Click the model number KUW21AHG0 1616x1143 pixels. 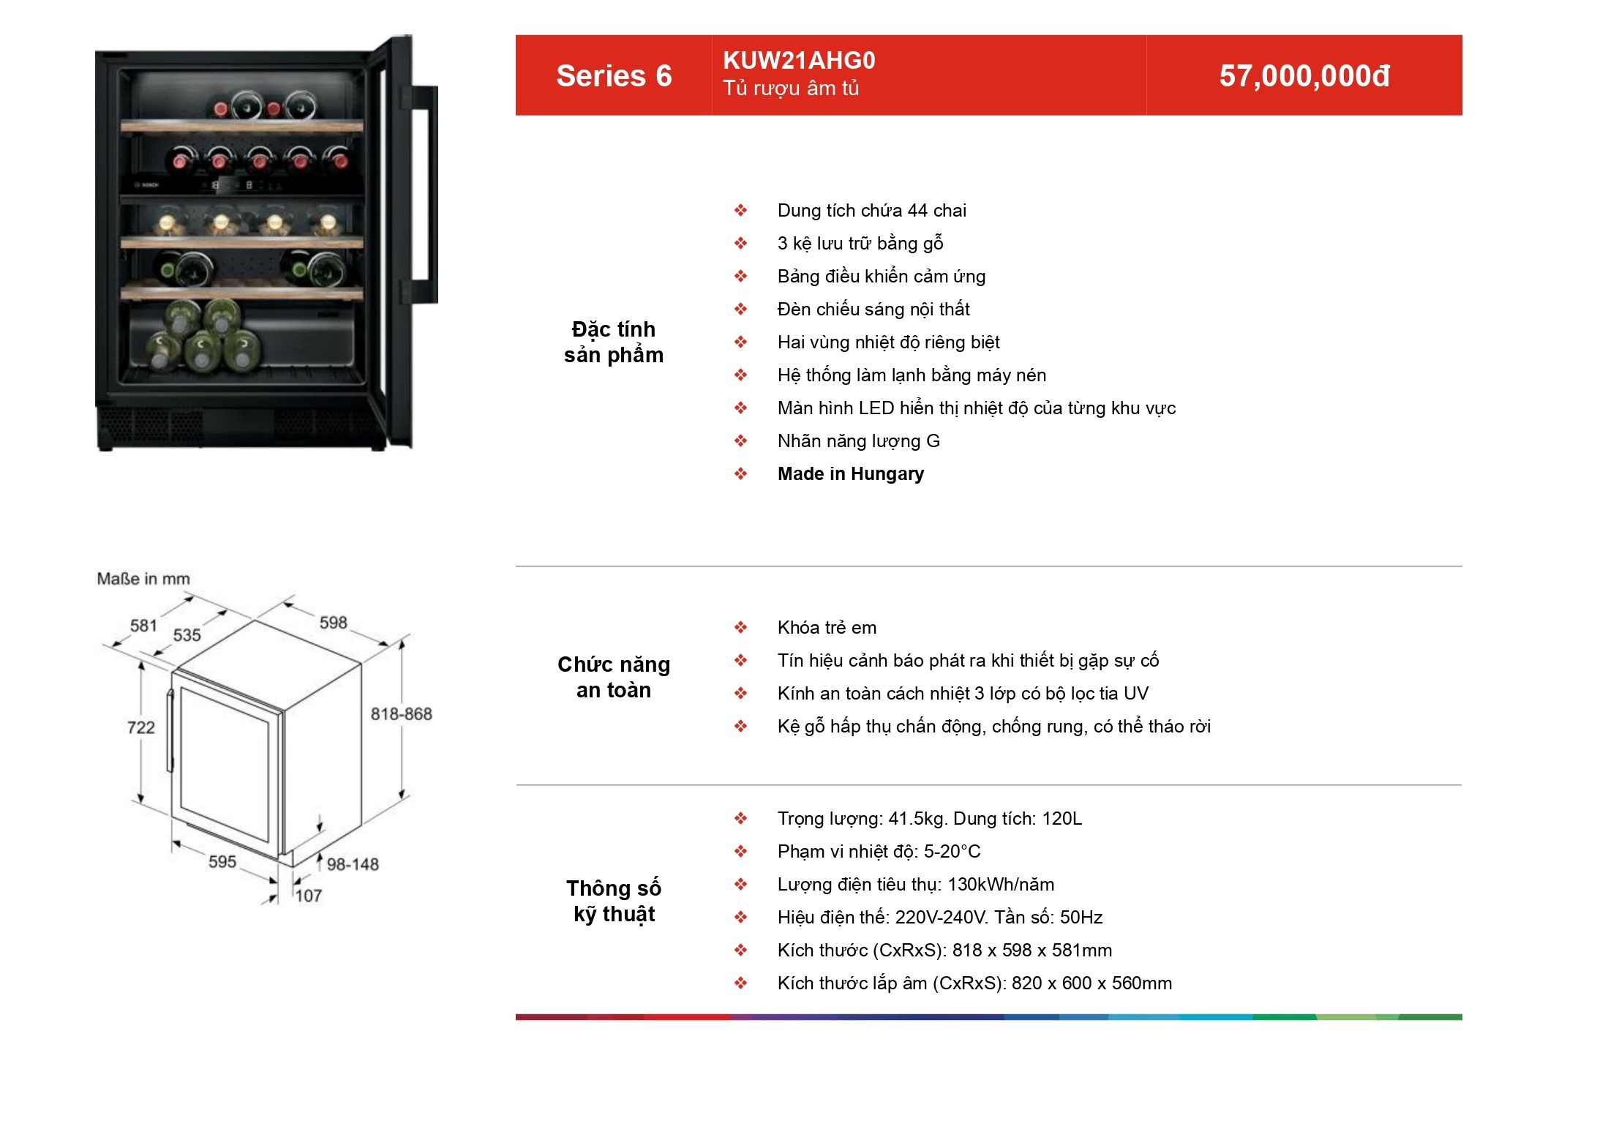point(799,61)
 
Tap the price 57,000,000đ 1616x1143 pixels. point(1304,76)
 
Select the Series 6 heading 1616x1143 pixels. point(614,76)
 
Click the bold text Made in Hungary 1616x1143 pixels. point(851,474)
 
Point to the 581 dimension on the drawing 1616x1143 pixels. point(143,626)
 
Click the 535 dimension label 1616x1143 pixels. point(187,635)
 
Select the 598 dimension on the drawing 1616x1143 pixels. point(333,623)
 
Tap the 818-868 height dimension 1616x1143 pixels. point(401,714)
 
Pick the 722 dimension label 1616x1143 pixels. point(140,727)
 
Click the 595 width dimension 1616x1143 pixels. point(222,861)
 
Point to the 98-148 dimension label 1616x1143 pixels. point(353,864)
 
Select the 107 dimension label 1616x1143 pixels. point(309,896)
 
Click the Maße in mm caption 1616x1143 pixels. point(143,579)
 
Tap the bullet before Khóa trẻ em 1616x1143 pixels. point(741,628)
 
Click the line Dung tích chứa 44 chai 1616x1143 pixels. point(872,211)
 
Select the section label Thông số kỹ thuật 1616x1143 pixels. point(614,901)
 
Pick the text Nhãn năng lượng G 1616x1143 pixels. point(859,441)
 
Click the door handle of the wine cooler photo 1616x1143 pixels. point(421,194)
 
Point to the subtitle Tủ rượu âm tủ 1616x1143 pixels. point(791,89)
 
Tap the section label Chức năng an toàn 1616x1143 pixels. point(614,677)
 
